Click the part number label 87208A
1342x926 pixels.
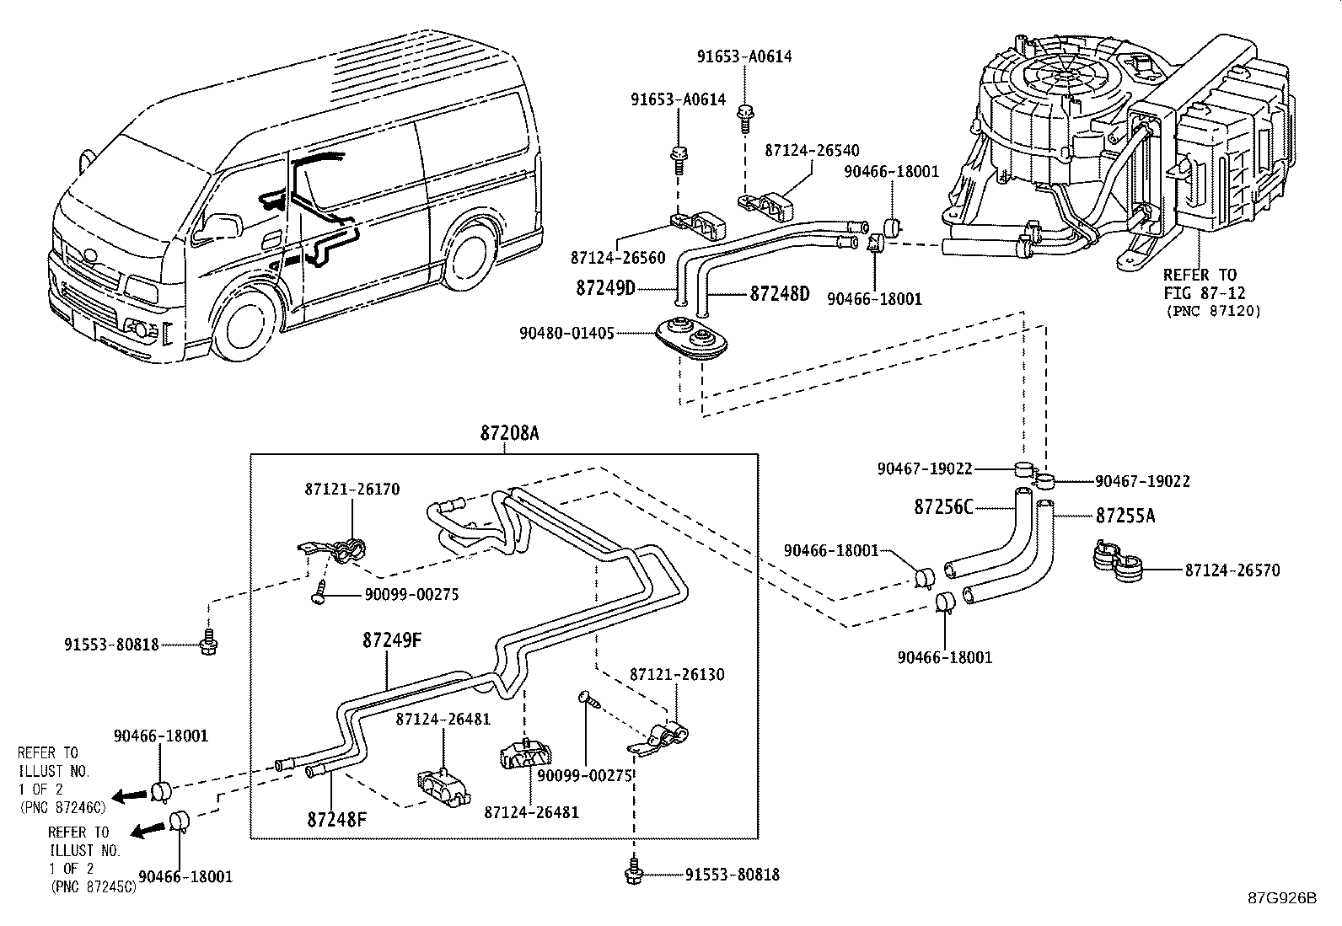(509, 432)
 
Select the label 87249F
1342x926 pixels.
(393, 640)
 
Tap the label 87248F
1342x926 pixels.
(336, 819)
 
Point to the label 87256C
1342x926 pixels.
(943, 507)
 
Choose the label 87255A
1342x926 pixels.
(1125, 516)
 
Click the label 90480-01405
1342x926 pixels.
(566, 334)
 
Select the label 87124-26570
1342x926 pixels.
(1232, 570)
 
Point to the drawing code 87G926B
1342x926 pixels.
(1282, 898)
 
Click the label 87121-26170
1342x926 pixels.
(352, 490)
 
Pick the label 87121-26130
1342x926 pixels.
(677, 674)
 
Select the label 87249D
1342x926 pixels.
(606, 288)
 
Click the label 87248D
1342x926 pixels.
(780, 294)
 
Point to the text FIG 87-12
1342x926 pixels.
(1205, 293)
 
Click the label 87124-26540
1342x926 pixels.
(812, 150)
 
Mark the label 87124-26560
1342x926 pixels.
(618, 258)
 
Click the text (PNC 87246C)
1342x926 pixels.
(63, 807)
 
